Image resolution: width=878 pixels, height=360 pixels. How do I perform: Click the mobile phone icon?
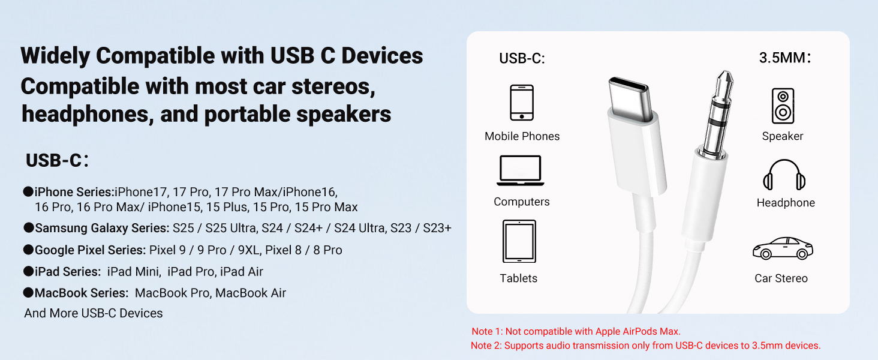click(x=522, y=103)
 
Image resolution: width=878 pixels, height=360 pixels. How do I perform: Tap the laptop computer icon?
click(x=519, y=171)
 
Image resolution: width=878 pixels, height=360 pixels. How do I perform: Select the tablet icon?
click(x=519, y=241)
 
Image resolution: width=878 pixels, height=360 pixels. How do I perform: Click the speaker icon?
click(x=782, y=106)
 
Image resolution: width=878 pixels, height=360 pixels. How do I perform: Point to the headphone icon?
click(x=784, y=175)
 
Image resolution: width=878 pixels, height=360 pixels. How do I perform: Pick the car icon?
click(x=783, y=248)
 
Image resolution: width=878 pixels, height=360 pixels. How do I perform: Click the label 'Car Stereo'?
click(x=781, y=278)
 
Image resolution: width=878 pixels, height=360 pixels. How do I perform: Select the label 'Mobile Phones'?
click(x=522, y=136)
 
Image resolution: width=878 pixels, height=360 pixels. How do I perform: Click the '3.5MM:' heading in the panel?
click(x=785, y=58)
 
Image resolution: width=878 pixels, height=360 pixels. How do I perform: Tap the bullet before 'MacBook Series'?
click(x=28, y=293)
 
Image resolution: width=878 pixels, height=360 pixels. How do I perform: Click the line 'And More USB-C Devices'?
click(x=94, y=313)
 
